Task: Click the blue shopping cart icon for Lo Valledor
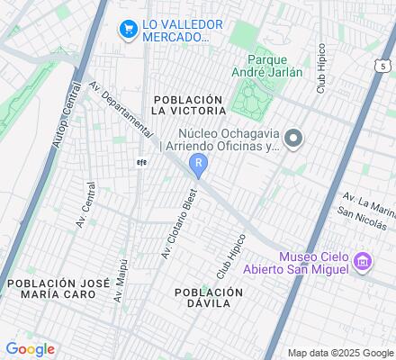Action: click(129, 30)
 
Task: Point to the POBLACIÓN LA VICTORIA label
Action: click(187, 104)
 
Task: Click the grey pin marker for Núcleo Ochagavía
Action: click(292, 138)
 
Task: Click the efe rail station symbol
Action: click(140, 163)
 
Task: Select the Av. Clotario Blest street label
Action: click(178, 226)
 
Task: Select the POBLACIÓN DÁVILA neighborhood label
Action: click(208, 298)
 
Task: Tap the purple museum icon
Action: click(364, 263)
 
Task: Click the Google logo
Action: click(31, 349)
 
